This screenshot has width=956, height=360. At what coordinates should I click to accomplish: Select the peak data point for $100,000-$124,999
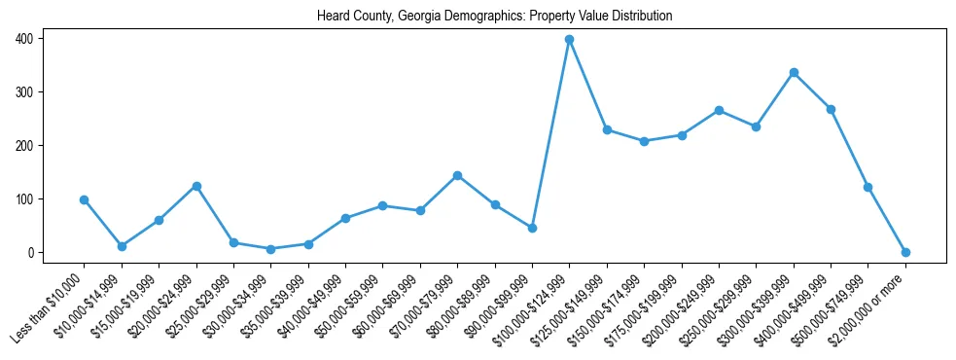coord(569,40)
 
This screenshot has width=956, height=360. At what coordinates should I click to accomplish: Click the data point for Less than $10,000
coord(85,199)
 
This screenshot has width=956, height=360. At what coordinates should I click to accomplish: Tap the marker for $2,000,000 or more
coord(905,252)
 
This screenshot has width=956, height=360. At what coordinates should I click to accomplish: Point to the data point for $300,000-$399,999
coord(794,73)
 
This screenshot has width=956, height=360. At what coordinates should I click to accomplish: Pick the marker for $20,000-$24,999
coord(196,186)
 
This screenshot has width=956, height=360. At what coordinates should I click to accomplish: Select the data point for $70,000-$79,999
coord(457,175)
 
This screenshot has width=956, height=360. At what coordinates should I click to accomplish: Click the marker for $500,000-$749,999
coord(867,187)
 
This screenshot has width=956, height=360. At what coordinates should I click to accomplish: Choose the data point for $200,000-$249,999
coord(719,110)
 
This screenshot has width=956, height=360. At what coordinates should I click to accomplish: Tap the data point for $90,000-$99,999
coord(532,228)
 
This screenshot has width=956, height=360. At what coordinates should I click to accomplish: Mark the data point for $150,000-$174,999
coord(644,141)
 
